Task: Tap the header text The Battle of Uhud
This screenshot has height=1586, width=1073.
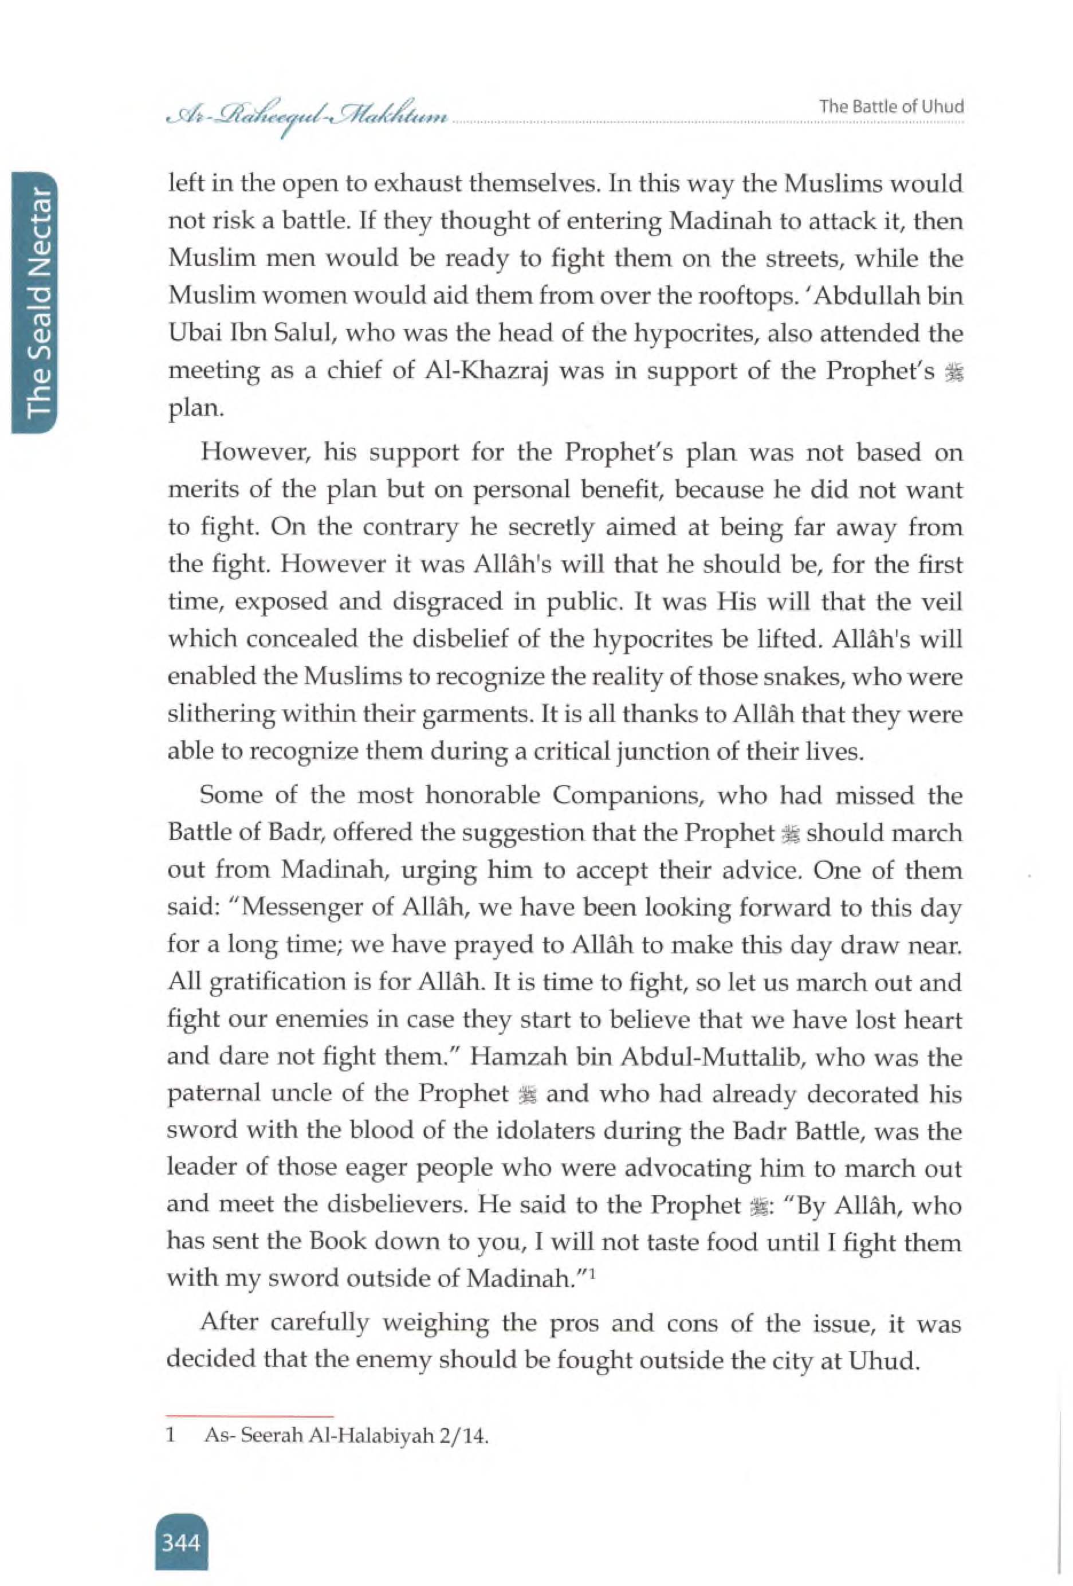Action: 891,107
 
